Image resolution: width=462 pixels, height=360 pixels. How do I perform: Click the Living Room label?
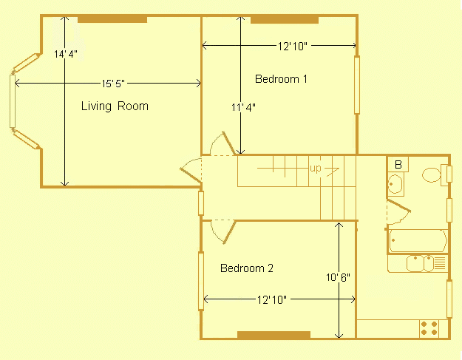[115, 106]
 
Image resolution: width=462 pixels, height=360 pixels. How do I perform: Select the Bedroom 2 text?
[247, 268]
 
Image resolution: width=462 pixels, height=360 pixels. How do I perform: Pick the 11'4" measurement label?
[243, 108]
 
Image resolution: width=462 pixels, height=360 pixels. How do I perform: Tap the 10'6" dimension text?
[338, 278]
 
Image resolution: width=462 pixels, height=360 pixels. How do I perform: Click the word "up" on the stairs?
[316, 169]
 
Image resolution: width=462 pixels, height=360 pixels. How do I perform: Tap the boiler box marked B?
[398, 164]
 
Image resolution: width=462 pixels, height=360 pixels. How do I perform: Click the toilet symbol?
[432, 175]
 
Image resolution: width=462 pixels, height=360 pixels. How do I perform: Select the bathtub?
[418, 241]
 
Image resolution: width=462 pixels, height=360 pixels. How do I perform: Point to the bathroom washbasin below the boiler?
[395, 184]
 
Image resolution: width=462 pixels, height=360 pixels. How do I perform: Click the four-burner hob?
[429, 327]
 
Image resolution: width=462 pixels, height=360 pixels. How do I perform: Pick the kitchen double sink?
[421, 262]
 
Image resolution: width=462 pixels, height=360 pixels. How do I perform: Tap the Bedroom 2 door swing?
[222, 231]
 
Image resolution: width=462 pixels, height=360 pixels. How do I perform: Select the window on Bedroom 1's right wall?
[357, 85]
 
